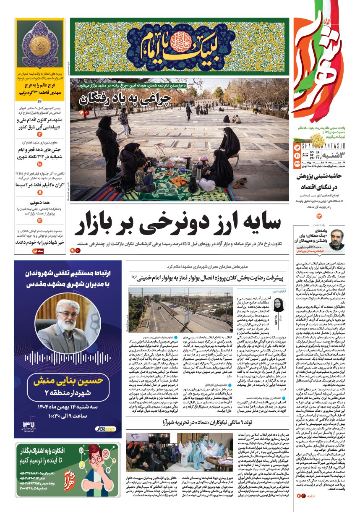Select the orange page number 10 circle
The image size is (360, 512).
[39, 164]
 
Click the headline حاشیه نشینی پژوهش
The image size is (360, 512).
[324, 176]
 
